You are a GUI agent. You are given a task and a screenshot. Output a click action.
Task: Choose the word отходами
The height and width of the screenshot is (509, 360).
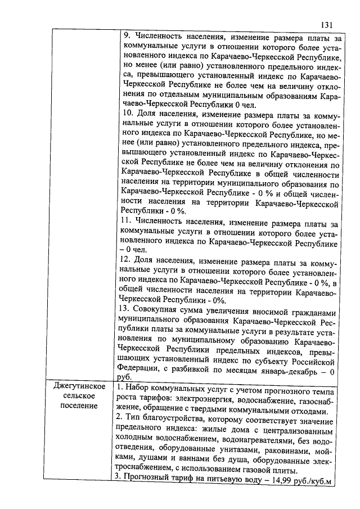(x=304, y=411)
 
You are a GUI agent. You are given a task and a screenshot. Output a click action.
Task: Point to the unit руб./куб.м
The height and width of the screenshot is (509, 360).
(x=310, y=481)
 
